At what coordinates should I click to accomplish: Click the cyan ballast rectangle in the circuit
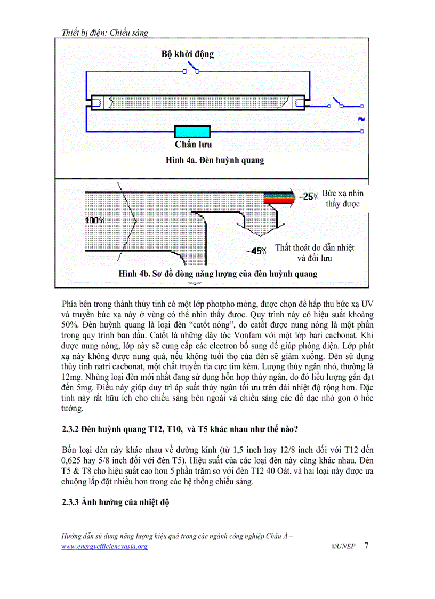(193, 131)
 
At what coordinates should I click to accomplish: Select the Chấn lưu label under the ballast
(193, 145)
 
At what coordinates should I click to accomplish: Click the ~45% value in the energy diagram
(256, 250)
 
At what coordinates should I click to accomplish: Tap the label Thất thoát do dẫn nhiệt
(315, 247)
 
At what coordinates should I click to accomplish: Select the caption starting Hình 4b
(218, 274)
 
